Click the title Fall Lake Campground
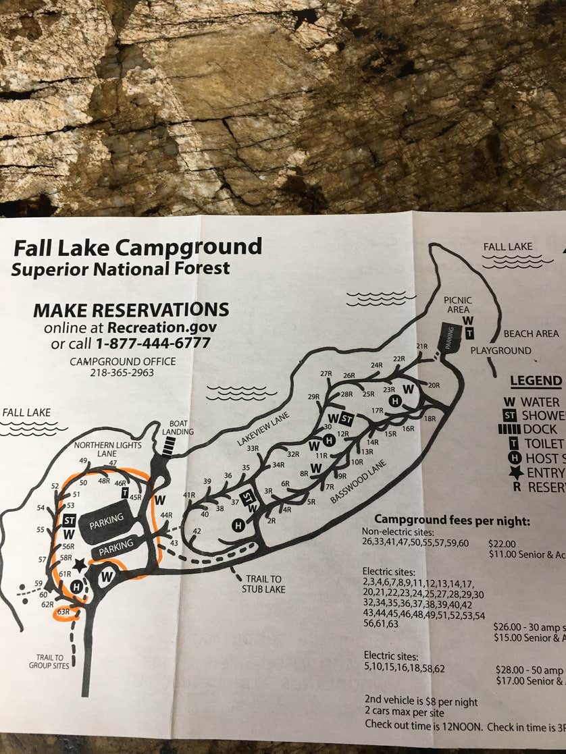(137, 247)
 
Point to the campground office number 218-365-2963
(122, 373)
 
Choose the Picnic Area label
(457, 304)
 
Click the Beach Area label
(531, 333)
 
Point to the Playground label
(500, 351)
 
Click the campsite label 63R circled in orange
(63, 612)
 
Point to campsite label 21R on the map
(422, 346)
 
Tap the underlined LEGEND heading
(536, 381)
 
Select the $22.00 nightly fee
(501, 543)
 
